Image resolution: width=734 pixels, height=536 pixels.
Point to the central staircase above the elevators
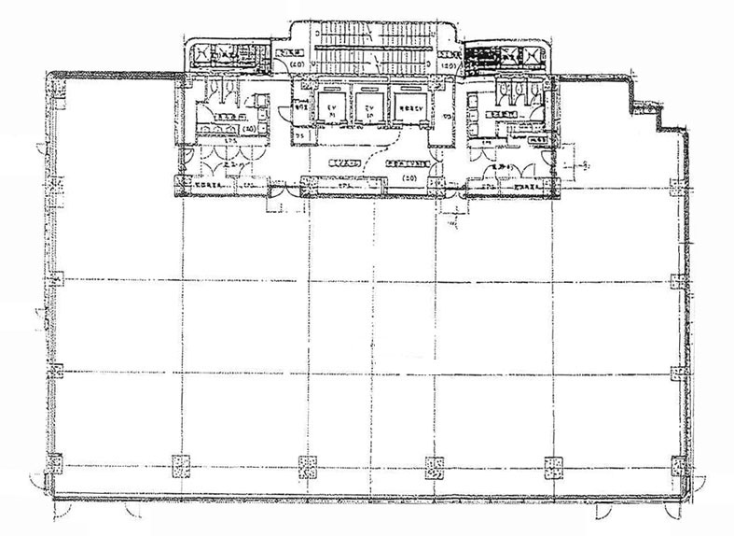pyautogui.click(x=368, y=51)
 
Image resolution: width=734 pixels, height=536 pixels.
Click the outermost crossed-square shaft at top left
pyautogui.click(x=203, y=55)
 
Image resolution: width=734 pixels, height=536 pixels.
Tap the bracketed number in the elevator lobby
pyautogui.click(x=408, y=176)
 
